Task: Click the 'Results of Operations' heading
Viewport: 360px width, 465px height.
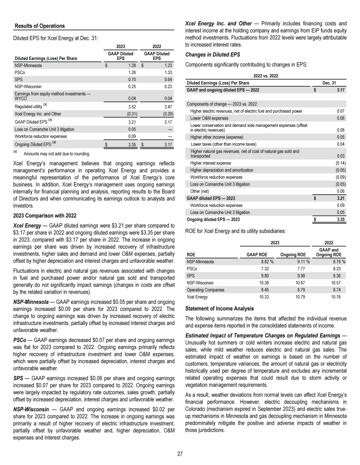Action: pyautogui.click(x=40, y=25)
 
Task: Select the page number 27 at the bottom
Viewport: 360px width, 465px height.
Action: pyautogui.click(x=180, y=454)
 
